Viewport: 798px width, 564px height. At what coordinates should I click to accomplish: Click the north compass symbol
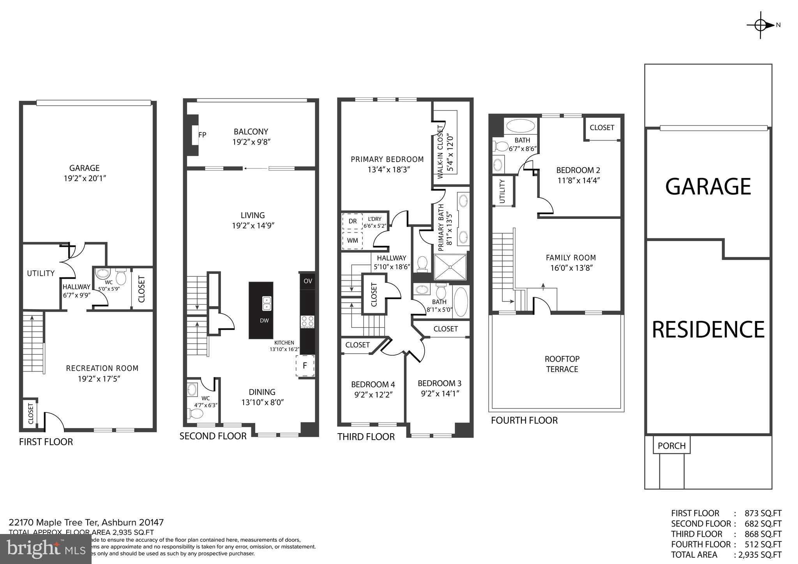[x=761, y=25]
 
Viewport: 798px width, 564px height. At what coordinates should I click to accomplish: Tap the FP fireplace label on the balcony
[x=202, y=135]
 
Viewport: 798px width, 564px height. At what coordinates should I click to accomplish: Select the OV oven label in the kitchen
[x=308, y=281]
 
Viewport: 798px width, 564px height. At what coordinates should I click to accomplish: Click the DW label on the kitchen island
[x=264, y=321]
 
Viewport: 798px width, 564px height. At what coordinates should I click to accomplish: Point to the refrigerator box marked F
[x=305, y=366]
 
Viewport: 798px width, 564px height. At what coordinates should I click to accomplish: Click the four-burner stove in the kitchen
[x=307, y=322]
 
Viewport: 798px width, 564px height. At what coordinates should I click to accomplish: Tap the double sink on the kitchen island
[x=267, y=303]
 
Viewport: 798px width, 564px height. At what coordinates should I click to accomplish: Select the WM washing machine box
[x=352, y=240]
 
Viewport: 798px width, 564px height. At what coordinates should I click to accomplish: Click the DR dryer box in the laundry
[x=352, y=221]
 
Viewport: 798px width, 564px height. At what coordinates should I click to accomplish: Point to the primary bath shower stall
[x=450, y=267]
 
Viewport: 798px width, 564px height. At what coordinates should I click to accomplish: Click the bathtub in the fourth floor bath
[x=520, y=126]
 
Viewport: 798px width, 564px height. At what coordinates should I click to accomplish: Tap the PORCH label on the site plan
[x=671, y=446]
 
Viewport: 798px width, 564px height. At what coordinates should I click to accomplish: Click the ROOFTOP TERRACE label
[x=562, y=364]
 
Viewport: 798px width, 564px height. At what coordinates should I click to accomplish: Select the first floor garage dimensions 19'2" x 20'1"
[x=85, y=178]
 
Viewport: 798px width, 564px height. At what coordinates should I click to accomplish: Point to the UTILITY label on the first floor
[x=41, y=273]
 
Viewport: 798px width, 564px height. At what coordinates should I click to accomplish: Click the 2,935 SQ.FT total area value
[x=758, y=555]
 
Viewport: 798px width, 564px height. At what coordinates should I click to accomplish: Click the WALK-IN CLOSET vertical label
[x=441, y=152]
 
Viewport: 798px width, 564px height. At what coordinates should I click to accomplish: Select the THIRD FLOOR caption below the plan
[x=366, y=437]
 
